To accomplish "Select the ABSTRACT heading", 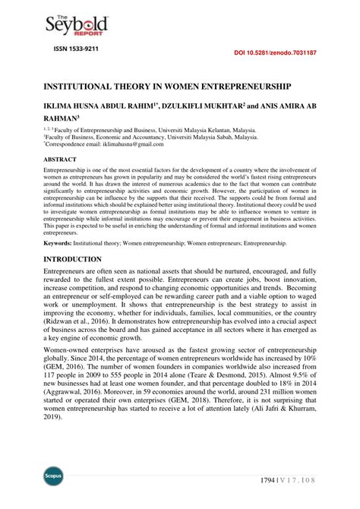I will pos(61,160).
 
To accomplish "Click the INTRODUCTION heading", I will pos(73,259).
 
